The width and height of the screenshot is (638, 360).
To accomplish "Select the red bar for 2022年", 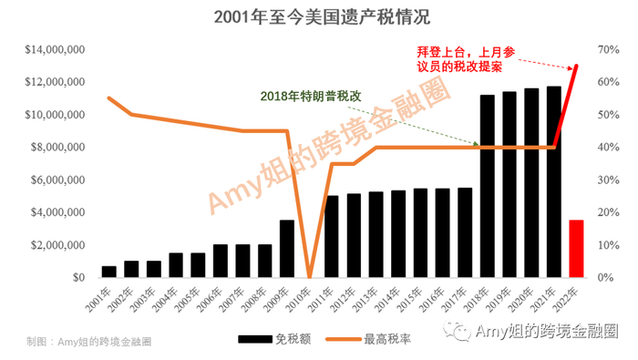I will tap(575, 249).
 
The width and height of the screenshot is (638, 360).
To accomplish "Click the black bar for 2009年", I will tap(287, 249).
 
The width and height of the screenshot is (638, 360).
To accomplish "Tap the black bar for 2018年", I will tap(487, 187).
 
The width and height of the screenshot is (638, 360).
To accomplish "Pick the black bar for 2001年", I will tap(109, 272).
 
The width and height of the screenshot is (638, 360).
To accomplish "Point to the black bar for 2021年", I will tap(553, 182).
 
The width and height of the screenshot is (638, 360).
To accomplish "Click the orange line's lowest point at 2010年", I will tap(309, 276).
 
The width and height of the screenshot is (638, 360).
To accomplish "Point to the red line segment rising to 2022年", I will tap(566, 105).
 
